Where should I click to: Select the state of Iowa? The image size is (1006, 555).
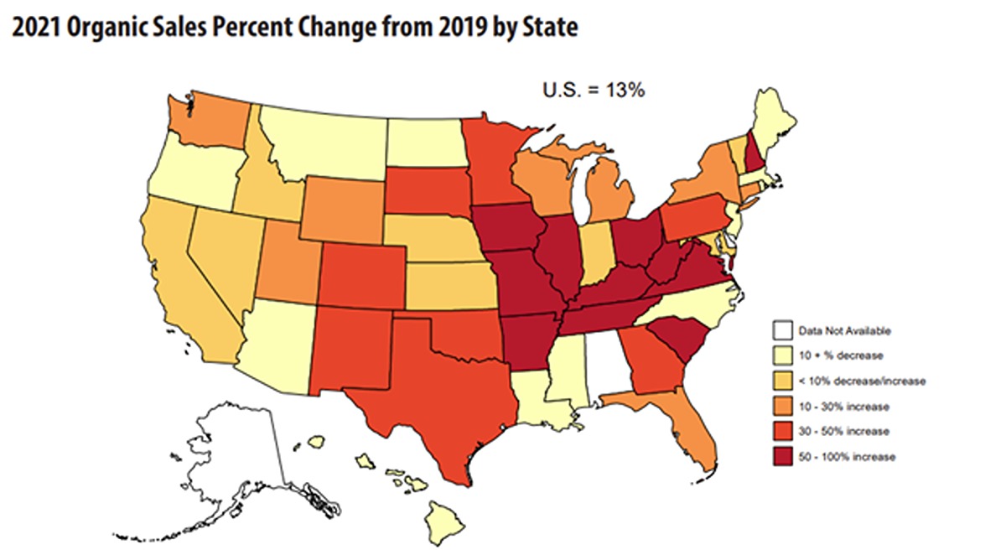pyautogui.click(x=507, y=226)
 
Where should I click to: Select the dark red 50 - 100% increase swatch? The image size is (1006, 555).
pyautogui.click(x=782, y=457)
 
